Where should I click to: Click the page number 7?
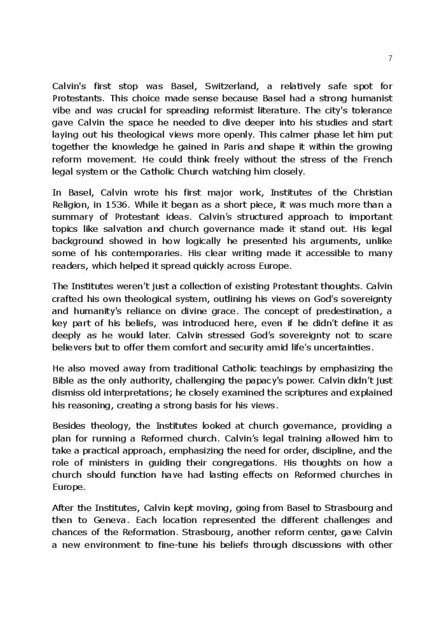[390, 59]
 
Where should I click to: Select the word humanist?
[370, 99]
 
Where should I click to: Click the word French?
[378, 159]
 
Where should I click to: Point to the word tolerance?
[370, 111]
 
